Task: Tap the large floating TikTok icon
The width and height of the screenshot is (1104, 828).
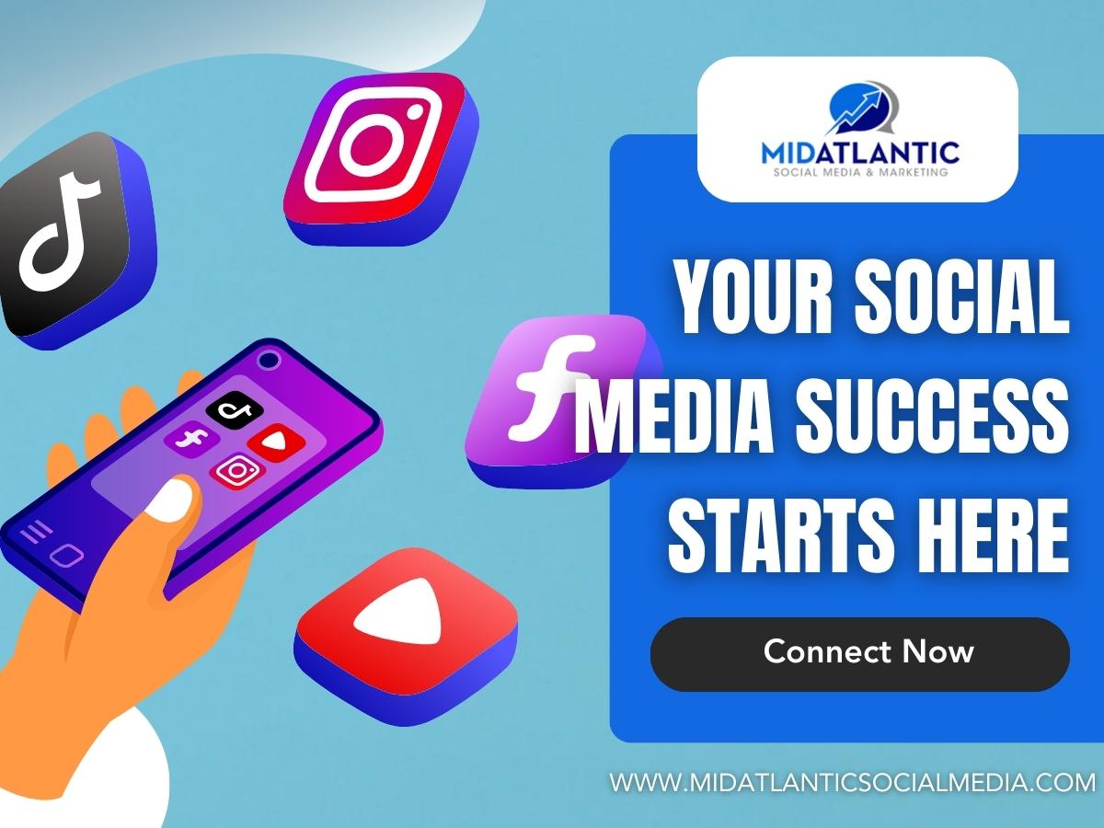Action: (75, 240)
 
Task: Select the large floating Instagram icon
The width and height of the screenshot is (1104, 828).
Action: (381, 158)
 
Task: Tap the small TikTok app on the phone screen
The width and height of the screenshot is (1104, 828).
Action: (235, 409)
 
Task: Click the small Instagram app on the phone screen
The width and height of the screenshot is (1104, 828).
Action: (236, 470)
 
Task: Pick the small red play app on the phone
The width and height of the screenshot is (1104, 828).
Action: (276, 442)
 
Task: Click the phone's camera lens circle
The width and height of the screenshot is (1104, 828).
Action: (270, 360)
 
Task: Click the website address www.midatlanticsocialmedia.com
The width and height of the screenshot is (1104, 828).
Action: (852, 783)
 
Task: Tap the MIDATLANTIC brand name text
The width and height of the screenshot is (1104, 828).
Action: (860, 153)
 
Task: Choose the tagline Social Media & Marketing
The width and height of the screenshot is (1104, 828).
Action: (860, 172)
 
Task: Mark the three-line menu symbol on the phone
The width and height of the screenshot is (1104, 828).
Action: (36, 532)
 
